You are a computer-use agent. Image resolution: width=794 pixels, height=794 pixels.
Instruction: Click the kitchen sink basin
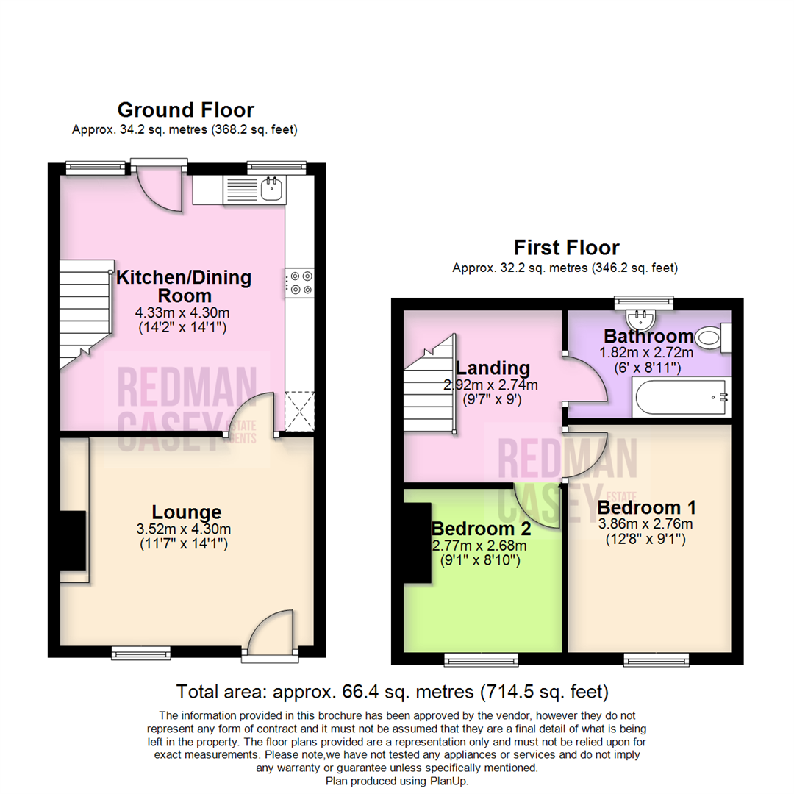coord(271,190)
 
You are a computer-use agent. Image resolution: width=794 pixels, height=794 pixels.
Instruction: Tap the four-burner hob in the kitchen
coord(300,283)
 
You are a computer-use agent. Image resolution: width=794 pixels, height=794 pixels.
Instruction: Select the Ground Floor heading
coord(186,110)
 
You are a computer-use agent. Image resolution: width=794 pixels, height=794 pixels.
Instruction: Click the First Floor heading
coord(567,248)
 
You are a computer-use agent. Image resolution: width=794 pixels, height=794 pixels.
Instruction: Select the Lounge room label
coord(187,512)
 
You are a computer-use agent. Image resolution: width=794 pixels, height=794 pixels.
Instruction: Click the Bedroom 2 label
coord(481,529)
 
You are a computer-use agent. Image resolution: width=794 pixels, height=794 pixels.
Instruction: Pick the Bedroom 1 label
coord(647,507)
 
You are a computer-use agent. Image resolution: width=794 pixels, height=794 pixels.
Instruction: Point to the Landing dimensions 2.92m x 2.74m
coord(490,385)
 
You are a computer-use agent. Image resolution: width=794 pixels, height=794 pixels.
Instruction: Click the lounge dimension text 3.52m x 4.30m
coord(184,529)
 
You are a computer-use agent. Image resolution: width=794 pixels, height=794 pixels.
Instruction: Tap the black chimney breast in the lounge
coord(73,541)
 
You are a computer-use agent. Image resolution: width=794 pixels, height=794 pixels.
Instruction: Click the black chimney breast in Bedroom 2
coord(418,543)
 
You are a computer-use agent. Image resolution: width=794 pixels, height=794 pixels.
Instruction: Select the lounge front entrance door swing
coord(271,632)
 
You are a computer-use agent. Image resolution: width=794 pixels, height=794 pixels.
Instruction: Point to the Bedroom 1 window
coord(657,659)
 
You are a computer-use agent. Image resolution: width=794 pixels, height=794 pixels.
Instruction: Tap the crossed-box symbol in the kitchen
coord(300,412)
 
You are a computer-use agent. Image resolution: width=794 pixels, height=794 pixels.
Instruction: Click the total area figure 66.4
coord(360,692)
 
